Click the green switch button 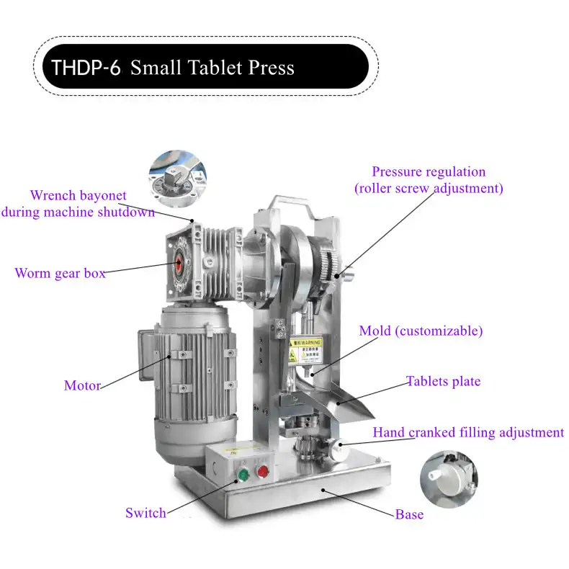pos(243,475)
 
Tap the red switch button pos(263,472)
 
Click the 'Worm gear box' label pos(60,273)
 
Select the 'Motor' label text pos(82,385)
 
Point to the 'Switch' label pos(145,513)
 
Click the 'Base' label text pos(409,514)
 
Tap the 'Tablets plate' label pos(443,381)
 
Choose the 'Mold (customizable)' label pos(421,331)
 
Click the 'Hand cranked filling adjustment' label pos(468,432)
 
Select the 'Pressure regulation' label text pos(429,171)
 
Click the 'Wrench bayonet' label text pos(78,195)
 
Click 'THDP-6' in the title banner pos(86,68)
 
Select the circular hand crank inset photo pos(449,478)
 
